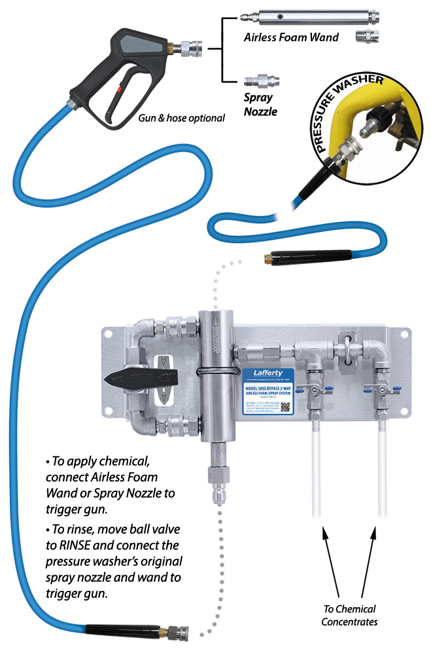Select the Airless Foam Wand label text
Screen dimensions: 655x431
(291, 37)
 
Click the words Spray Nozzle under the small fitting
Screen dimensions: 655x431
(261, 105)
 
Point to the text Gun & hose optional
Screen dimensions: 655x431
(181, 118)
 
